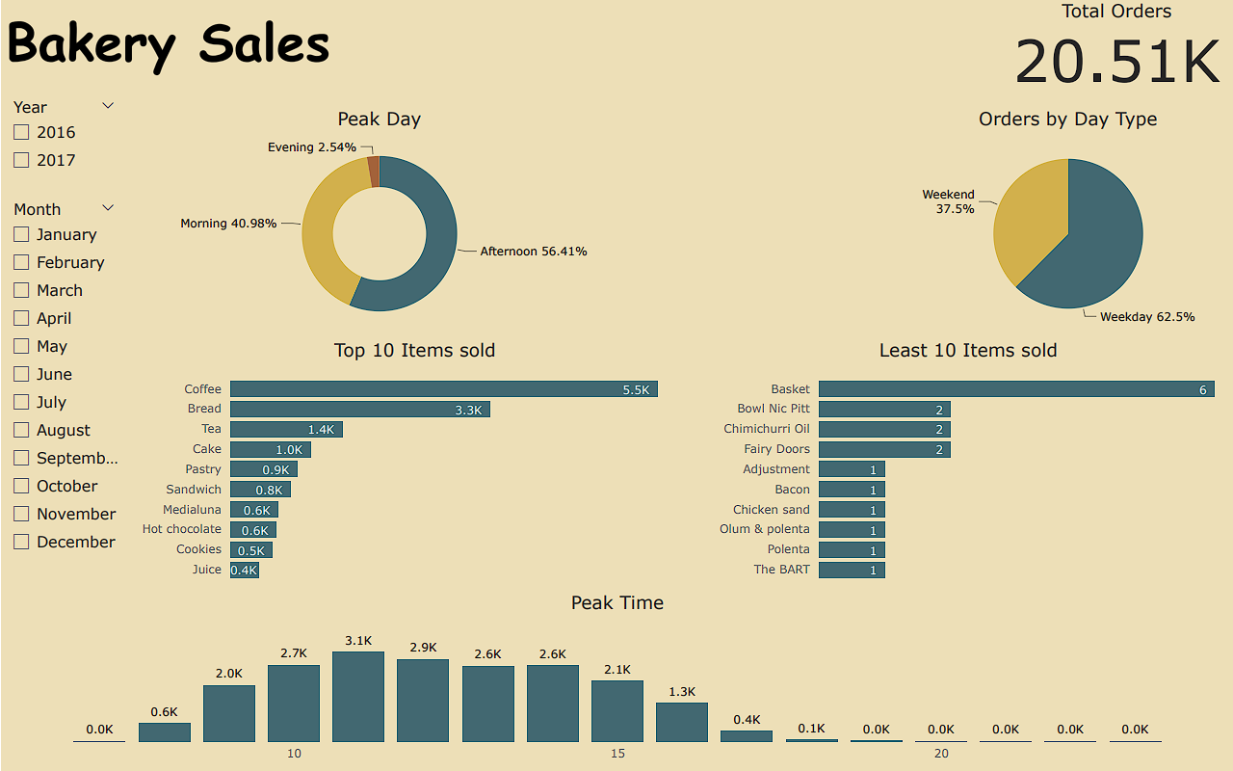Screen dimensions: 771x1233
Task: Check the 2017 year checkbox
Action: pos(21,160)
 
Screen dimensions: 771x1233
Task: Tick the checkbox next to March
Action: pos(21,290)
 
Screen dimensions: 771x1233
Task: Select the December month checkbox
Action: pos(21,542)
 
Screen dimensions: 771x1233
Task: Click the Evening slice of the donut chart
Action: pos(374,172)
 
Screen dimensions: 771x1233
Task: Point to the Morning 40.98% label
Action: pos(228,224)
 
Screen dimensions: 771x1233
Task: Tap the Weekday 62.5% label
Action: pos(1146,316)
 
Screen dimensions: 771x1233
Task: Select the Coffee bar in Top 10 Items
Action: pos(443,389)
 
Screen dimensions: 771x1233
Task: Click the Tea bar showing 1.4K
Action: pos(286,429)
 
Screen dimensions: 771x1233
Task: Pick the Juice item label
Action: pos(206,570)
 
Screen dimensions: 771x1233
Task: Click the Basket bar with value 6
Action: pos(1015,389)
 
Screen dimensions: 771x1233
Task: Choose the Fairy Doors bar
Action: pos(884,449)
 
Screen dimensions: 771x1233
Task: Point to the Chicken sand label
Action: pos(771,510)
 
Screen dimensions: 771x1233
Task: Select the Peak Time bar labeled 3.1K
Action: pos(358,697)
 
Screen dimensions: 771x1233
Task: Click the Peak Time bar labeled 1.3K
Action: pos(682,722)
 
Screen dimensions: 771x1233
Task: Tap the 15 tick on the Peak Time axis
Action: pos(617,753)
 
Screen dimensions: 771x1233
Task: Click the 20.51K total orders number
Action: pos(1117,61)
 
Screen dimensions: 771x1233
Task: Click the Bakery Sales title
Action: pos(169,44)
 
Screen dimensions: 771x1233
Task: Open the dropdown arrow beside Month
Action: pos(108,208)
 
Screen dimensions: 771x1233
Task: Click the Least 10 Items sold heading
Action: pos(967,351)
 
